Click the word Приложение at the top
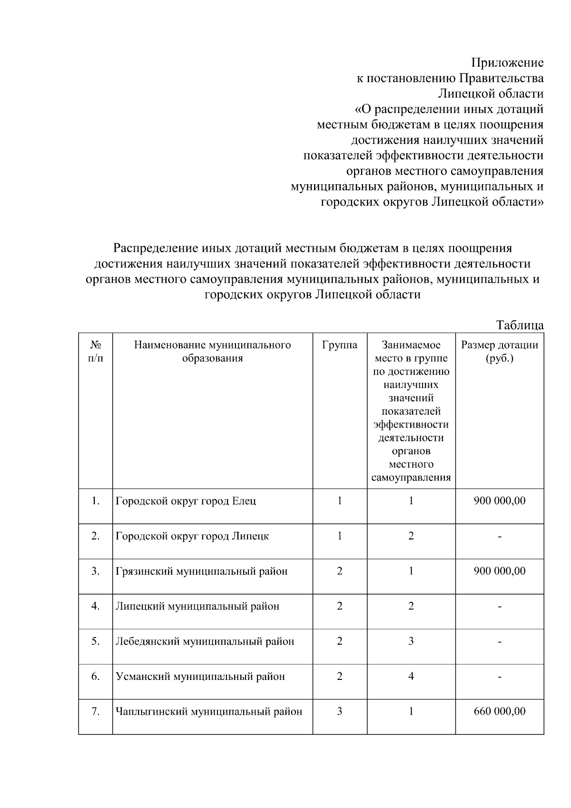click(507, 63)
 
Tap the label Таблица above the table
click(520, 325)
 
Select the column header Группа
click(339, 345)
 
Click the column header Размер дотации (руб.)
click(499, 351)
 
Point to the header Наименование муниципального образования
click(212, 351)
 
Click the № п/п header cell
click(96, 351)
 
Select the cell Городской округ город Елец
click(186, 501)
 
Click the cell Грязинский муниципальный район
click(202, 571)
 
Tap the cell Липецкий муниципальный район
click(197, 607)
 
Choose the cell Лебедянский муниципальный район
click(205, 641)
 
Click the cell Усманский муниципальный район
click(200, 677)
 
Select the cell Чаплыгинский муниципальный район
click(209, 712)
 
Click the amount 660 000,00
click(500, 711)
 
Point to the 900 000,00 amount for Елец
click(500, 501)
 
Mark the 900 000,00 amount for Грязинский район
click(500, 571)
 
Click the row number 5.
click(96, 641)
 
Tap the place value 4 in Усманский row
click(411, 676)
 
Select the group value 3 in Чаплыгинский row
click(339, 711)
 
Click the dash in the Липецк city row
click(500, 537)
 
